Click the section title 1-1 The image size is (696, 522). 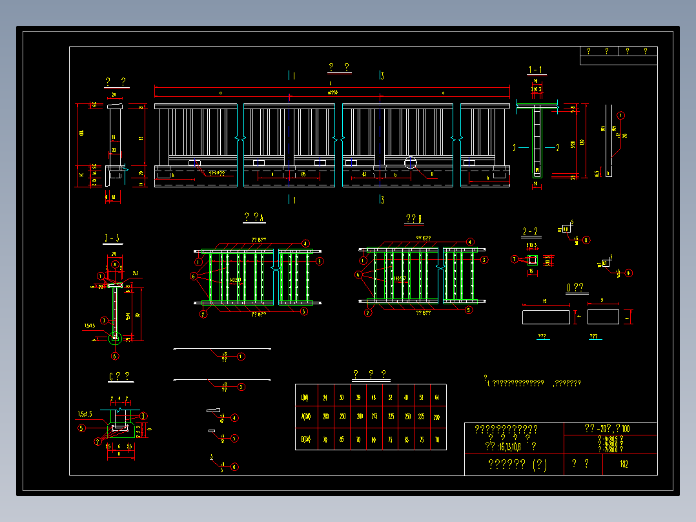coord(536,69)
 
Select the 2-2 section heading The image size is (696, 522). coord(530,231)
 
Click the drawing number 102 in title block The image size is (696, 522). coord(624,464)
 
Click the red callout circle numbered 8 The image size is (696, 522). coord(586,240)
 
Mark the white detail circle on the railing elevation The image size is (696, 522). coord(410,162)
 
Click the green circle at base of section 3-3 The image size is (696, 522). coord(116,337)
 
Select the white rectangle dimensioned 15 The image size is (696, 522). coord(546,317)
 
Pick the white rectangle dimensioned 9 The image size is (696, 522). coord(603,317)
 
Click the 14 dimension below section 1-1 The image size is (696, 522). coord(535,184)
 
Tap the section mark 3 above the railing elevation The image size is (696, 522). coord(382,76)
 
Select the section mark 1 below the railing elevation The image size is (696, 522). coord(292,200)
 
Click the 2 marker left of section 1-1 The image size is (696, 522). coord(515,147)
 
